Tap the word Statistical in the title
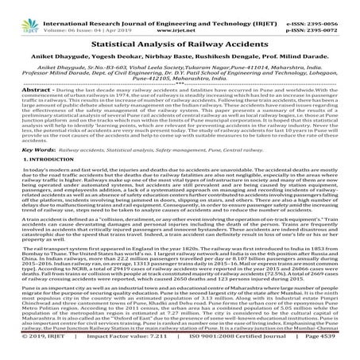[130, 30]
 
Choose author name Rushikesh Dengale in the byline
[242, 45]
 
